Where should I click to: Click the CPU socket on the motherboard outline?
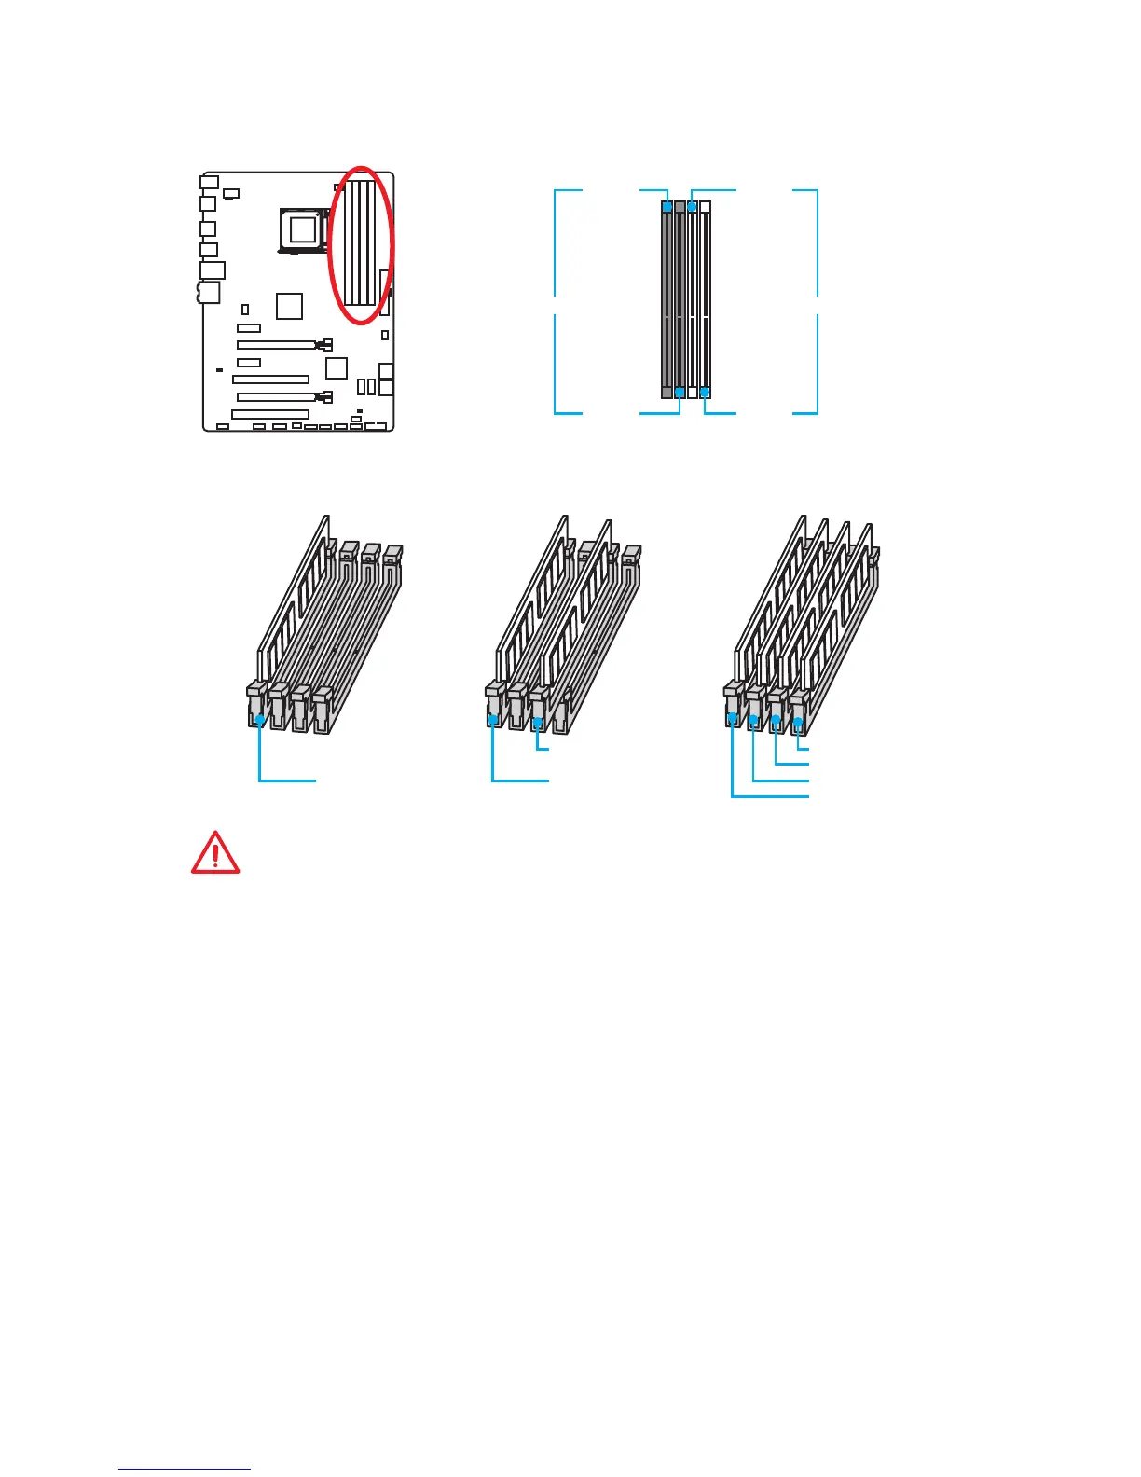302,228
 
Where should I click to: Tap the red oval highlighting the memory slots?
363,246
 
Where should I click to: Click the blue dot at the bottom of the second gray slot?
680,393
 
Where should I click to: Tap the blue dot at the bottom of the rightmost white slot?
705,393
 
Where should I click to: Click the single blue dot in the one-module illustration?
259,718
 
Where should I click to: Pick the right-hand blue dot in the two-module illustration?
538,723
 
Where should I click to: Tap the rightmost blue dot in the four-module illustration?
799,721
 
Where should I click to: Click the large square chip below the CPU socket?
290,306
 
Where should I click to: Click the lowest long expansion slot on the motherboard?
270,414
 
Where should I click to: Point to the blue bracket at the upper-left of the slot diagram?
569,242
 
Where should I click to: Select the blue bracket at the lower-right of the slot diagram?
805,364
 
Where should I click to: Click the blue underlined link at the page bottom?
185,1469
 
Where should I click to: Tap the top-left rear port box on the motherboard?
210,181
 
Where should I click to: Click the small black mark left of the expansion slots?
218,370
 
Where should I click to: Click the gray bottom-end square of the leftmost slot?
667,393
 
